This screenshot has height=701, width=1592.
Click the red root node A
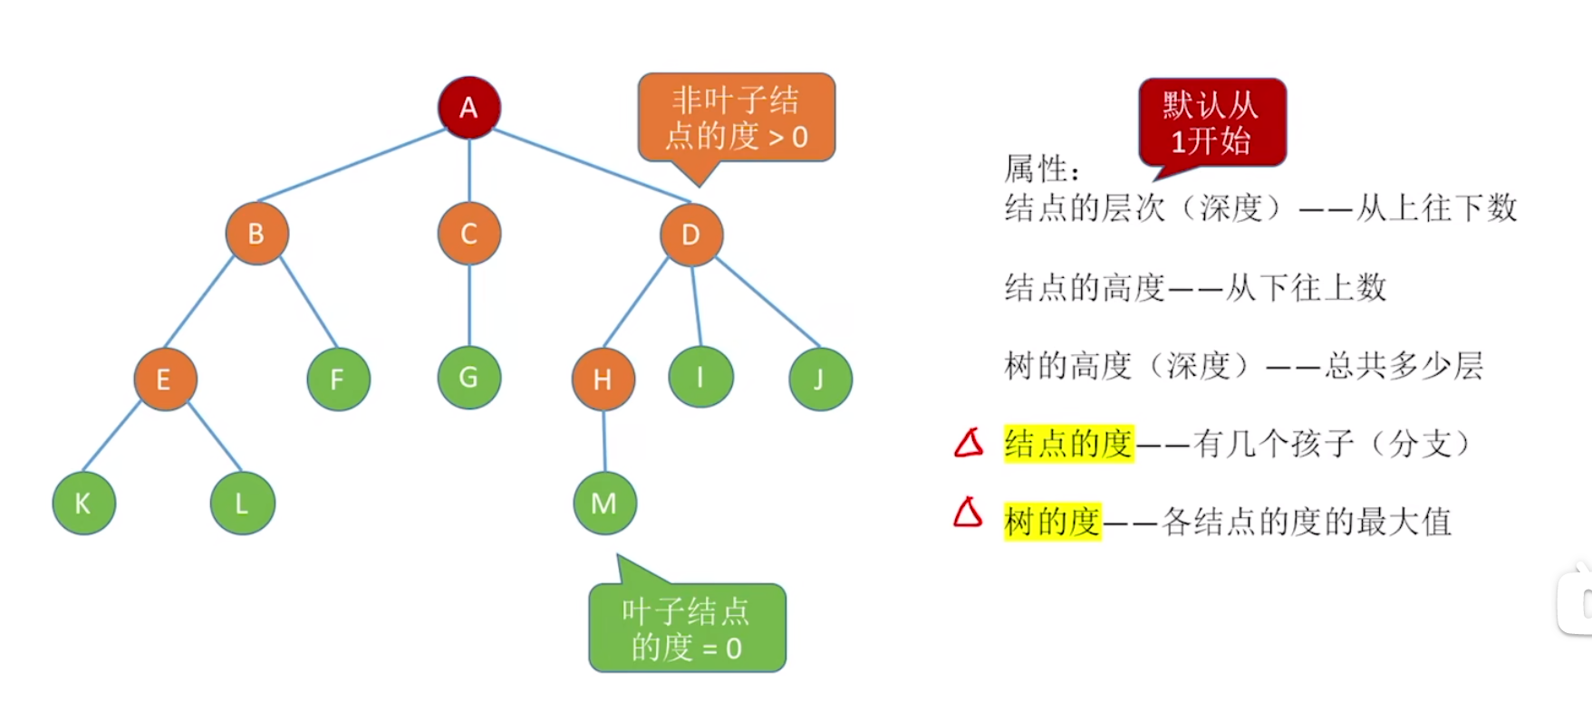[x=468, y=108]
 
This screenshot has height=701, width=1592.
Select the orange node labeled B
[x=257, y=234]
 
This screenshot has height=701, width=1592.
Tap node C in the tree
[x=468, y=234]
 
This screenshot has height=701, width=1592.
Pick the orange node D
[x=691, y=235]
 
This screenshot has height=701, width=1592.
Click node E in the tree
[x=165, y=379]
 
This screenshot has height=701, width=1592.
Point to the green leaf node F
[x=338, y=379]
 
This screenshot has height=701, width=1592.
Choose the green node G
[x=468, y=378]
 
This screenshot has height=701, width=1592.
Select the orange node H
[x=603, y=379]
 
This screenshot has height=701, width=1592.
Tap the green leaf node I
[x=700, y=377]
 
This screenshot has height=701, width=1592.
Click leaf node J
[x=820, y=379]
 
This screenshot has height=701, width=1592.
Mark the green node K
[x=83, y=504]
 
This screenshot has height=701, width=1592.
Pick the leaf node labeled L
[x=242, y=504]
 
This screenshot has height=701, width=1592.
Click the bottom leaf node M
[x=604, y=504]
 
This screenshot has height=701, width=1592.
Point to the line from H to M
[x=604, y=441]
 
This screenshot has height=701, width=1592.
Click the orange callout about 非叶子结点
[x=736, y=118]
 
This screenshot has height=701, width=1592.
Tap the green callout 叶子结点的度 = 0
[x=687, y=629]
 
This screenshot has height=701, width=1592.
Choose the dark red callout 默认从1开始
[x=1212, y=122]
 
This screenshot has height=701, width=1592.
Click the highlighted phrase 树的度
[x=1052, y=522]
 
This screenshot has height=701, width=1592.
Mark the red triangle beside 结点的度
[x=969, y=443]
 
